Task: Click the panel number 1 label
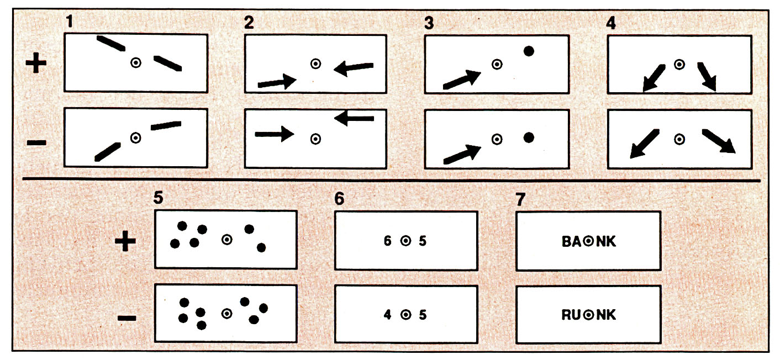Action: (69, 24)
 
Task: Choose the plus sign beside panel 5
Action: (125, 242)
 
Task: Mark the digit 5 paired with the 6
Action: (423, 241)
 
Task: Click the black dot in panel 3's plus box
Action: (529, 51)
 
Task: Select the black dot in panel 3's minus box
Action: (529, 138)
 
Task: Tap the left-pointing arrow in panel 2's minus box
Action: (355, 118)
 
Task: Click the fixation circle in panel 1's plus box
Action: (135, 63)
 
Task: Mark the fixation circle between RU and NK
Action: (589, 315)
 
